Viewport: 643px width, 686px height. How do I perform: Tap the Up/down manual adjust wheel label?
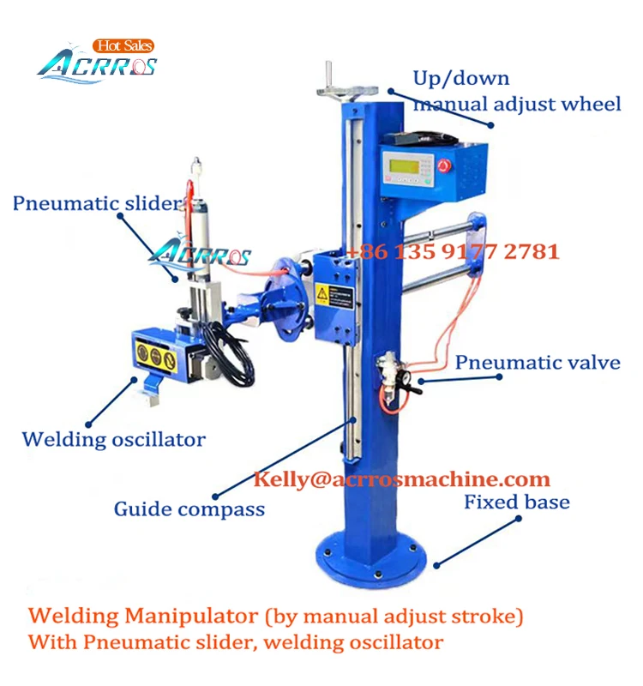(x=516, y=92)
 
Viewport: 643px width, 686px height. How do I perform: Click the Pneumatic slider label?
(x=97, y=204)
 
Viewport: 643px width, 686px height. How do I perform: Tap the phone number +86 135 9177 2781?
(x=453, y=252)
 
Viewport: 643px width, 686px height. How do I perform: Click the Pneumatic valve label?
(x=538, y=362)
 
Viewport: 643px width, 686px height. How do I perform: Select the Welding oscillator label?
(x=114, y=440)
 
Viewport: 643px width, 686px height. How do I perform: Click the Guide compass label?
(x=189, y=509)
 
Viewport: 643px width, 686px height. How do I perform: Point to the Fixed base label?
(x=517, y=502)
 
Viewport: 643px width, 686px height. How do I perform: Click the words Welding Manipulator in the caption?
(x=141, y=616)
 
